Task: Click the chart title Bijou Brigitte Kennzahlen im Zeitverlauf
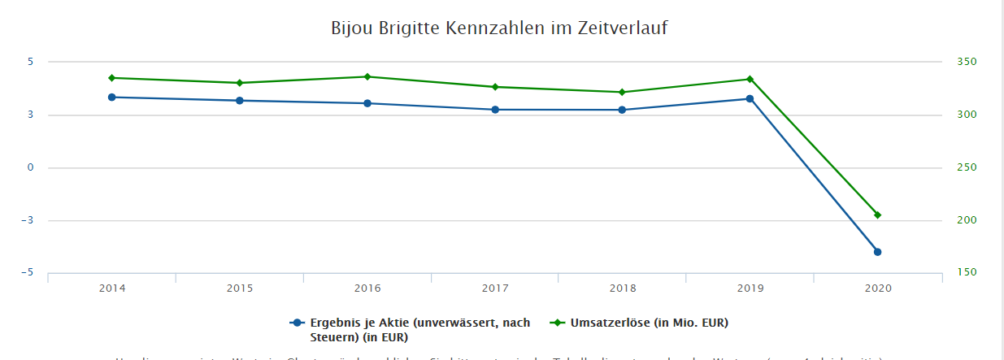click(x=499, y=28)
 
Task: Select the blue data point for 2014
click(x=111, y=98)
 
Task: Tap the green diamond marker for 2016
click(x=367, y=76)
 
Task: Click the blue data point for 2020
click(x=877, y=252)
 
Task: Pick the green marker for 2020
click(x=877, y=215)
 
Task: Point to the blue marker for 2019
click(x=750, y=99)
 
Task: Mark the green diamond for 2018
click(x=622, y=92)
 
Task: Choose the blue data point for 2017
click(x=494, y=110)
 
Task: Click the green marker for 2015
click(x=240, y=83)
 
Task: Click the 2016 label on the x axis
click(x=367, y=288)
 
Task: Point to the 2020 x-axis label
click(x=877, y=288)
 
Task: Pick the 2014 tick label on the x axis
click(x=111, y=288)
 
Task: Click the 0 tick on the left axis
click(x=29, y=167)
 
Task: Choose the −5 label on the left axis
click(x=28, y=273)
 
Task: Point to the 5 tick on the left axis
click(x=29, y=62)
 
